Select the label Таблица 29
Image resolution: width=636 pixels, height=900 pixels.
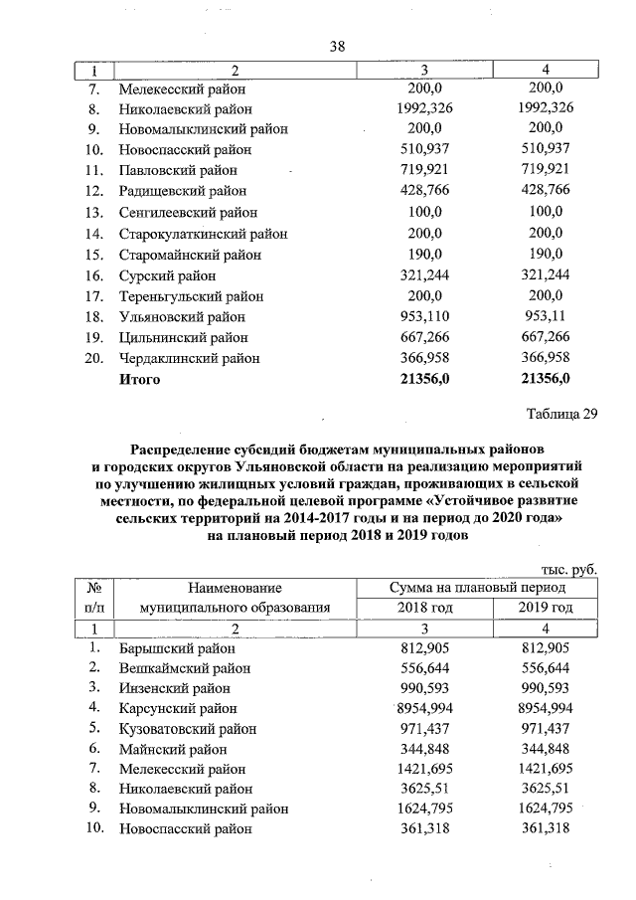[x=562, y=415]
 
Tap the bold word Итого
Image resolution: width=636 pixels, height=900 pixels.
[x=139, y=379]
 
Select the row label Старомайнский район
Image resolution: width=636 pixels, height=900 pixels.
[x=190, y=254]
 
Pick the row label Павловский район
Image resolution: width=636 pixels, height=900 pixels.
[x=175, y=170]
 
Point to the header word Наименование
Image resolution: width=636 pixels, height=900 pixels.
[x=235, y=588]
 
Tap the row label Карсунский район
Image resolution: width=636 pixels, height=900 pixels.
[x=178, y=708]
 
